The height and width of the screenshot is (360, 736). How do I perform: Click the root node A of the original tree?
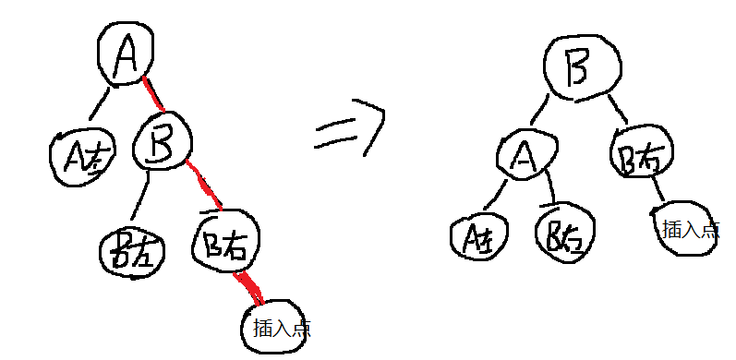126,55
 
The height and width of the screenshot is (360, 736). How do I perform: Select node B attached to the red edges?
163,144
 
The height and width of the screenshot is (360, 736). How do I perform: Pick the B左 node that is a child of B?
132,249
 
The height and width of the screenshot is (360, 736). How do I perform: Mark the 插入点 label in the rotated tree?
688,228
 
